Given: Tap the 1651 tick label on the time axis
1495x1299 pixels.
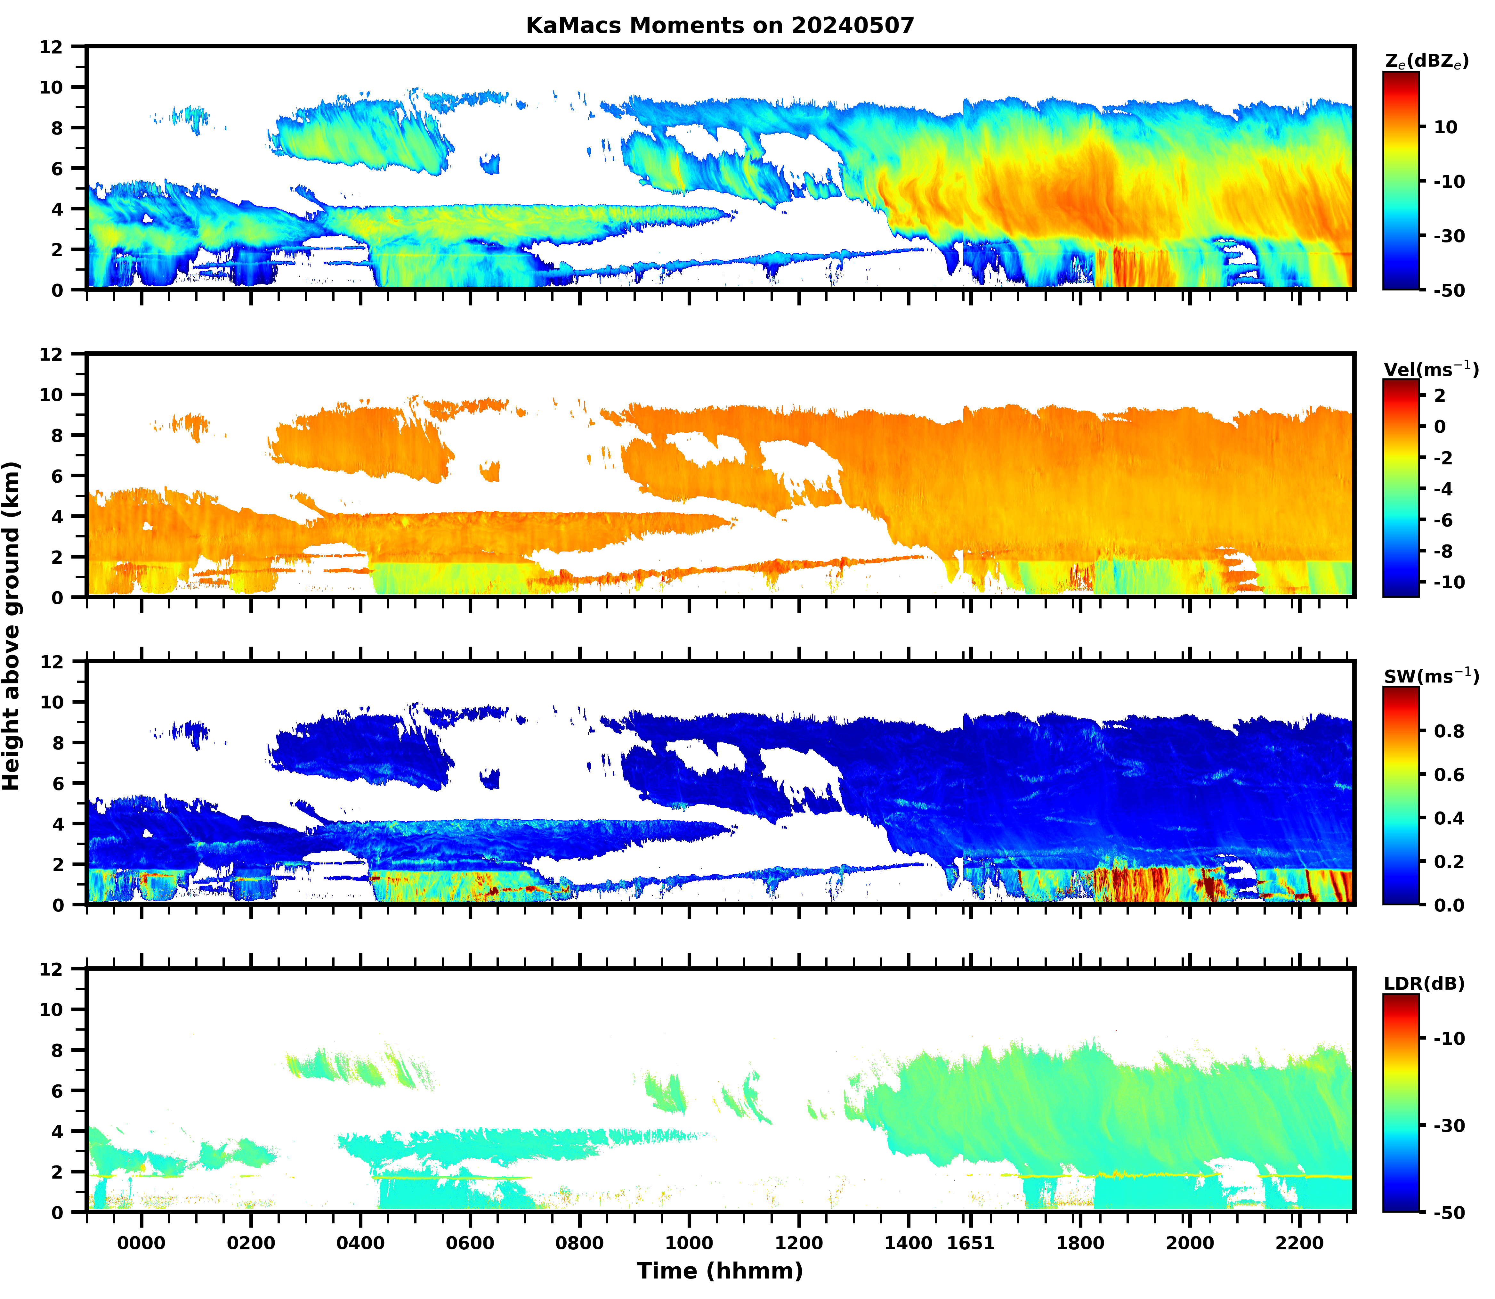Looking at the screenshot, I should click(971, 1243).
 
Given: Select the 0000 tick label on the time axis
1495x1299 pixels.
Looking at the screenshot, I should click(141, 1243).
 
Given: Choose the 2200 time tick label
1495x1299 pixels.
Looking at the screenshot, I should click(1299, 1243).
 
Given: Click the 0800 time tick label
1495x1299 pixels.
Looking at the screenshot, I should click(579, 1243).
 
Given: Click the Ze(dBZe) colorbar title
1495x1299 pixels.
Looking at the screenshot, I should click(1426, 61).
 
